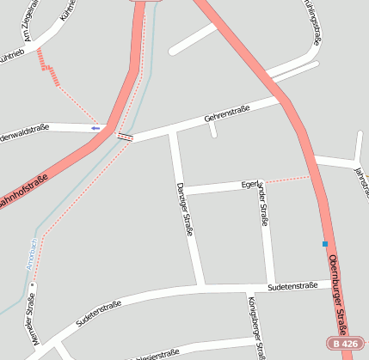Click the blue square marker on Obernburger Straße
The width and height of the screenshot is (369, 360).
325,244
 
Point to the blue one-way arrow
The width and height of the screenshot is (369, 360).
95,128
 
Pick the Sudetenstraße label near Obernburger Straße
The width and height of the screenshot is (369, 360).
292,285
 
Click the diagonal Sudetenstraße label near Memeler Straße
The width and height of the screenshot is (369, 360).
96,314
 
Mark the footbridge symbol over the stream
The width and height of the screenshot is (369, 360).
126,137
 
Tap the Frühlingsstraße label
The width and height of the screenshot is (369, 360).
312,21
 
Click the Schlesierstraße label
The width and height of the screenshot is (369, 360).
155,353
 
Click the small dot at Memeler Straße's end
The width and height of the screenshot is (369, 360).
34,285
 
